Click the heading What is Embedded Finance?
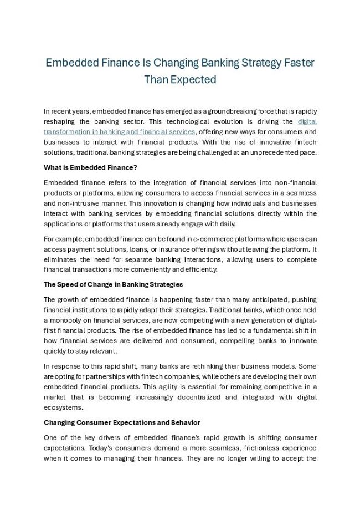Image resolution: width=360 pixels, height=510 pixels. (90, 167)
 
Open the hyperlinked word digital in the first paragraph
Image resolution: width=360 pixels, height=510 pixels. (307, 121)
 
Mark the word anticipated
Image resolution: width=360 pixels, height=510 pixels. (259, 300)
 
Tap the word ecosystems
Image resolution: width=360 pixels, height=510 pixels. (63, 407)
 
